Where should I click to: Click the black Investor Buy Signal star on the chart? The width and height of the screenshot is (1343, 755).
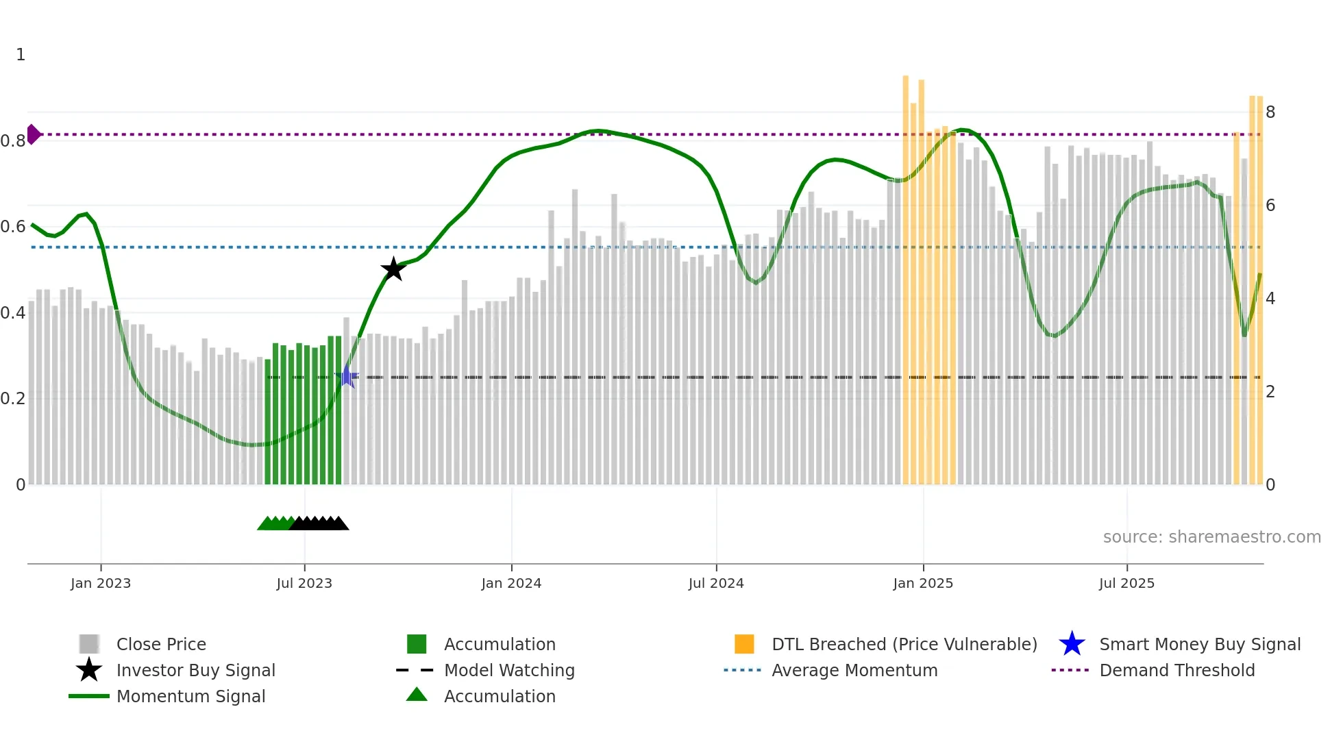393,269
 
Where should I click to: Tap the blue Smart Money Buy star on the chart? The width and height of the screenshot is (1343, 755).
347,377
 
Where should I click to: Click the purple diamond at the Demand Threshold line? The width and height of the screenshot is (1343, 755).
33,134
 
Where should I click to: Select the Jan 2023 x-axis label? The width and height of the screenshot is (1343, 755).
101,583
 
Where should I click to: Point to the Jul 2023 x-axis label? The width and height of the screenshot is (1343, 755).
304,583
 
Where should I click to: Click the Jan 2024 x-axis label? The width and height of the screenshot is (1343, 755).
511,583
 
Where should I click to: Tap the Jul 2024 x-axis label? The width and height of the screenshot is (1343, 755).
716,583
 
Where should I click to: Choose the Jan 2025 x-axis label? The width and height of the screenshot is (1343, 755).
923,583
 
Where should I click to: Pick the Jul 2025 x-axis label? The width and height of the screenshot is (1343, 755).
1126,583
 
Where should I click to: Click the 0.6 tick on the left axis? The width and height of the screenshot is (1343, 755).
13,227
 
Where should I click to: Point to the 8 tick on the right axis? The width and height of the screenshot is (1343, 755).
1270,112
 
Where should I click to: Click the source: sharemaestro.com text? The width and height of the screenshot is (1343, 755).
1211,537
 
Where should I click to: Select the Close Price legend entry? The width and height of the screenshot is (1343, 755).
161,644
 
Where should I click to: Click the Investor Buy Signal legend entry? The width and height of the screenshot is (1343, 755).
195,670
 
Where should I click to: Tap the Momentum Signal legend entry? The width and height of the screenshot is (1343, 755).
190,696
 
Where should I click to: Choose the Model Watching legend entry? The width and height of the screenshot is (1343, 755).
509,670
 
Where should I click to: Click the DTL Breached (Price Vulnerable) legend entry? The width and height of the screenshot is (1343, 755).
904,644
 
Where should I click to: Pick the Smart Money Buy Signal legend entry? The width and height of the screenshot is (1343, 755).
1200,644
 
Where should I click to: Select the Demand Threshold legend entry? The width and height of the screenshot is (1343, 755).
1176,670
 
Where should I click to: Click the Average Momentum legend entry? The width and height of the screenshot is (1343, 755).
854,670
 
